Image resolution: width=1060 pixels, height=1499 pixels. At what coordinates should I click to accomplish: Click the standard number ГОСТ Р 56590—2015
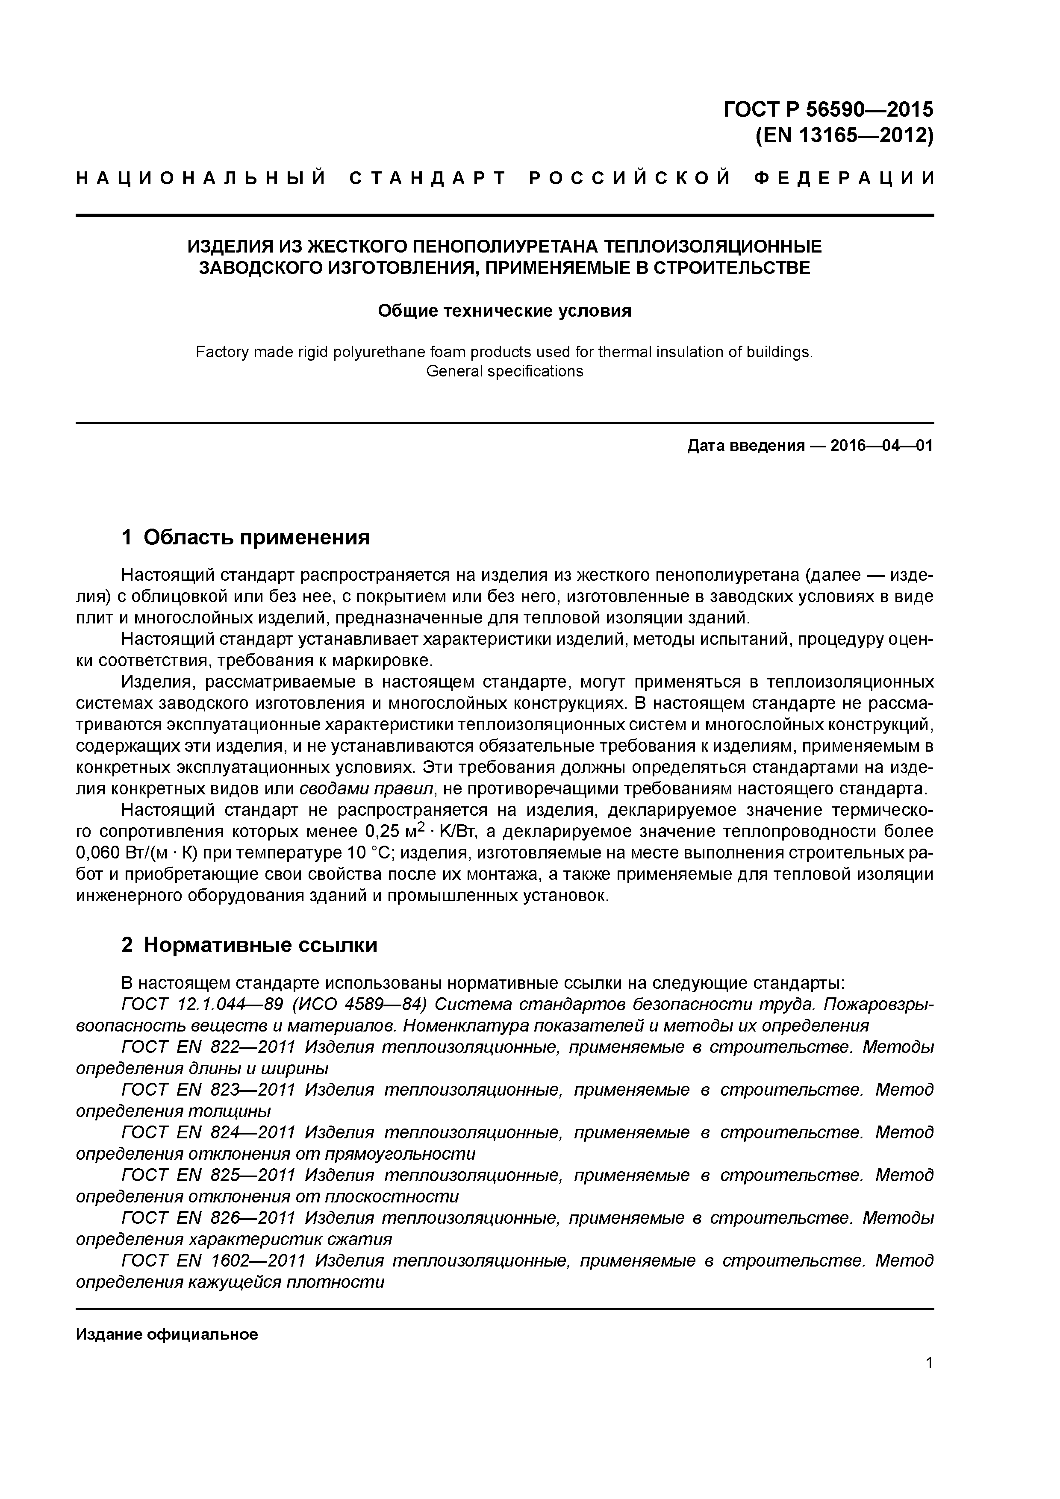pyautogui.click(x=828, y=109)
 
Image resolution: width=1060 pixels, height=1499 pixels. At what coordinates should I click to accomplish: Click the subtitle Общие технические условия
pyautogui.click(x=504, y=311)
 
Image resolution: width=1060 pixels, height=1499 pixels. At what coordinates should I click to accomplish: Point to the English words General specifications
pyautogui.click(x=504, y=371)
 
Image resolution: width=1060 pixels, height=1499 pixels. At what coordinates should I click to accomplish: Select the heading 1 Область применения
pyautogui.click(x=246, y=537)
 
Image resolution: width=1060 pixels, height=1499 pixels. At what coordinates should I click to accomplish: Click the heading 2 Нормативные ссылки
pyautogui.click(x=250, y=945)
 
